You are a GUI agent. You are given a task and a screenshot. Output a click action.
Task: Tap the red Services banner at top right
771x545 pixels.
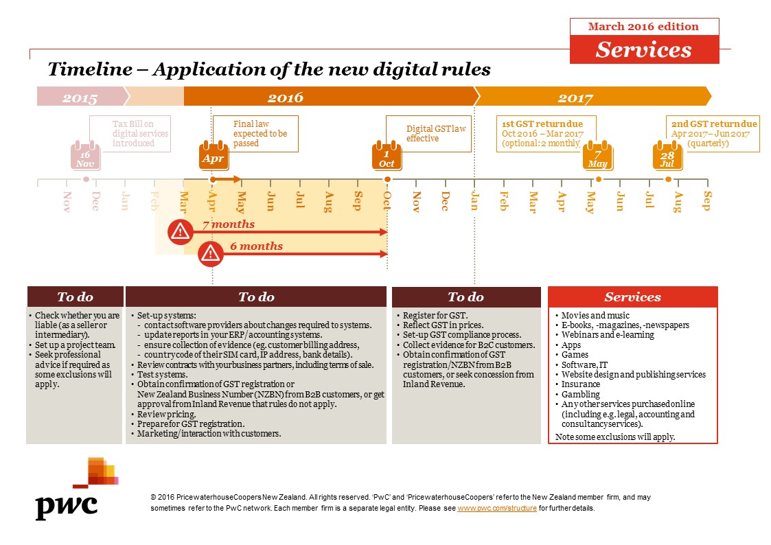[643, 49]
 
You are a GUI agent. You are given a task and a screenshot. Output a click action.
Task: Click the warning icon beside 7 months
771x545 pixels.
[180, 232]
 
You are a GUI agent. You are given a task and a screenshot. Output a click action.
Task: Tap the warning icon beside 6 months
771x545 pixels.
[209, 254]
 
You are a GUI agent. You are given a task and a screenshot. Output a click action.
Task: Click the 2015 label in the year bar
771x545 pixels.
[80, 97]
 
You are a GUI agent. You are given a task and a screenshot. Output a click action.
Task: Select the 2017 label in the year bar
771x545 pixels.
[575, 97]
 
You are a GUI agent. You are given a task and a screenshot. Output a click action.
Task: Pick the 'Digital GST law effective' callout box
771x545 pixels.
[428, 133]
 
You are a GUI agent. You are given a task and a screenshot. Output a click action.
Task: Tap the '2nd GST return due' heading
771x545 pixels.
[714, 124]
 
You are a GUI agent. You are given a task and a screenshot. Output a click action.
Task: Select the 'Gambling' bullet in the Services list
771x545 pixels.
[581, 395]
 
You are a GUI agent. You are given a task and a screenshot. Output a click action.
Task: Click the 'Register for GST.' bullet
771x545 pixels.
[430, 315]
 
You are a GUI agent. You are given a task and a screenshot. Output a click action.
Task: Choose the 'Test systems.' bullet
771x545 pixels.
[162, 375]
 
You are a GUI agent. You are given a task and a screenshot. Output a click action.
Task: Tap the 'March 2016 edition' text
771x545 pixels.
[643, 27]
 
